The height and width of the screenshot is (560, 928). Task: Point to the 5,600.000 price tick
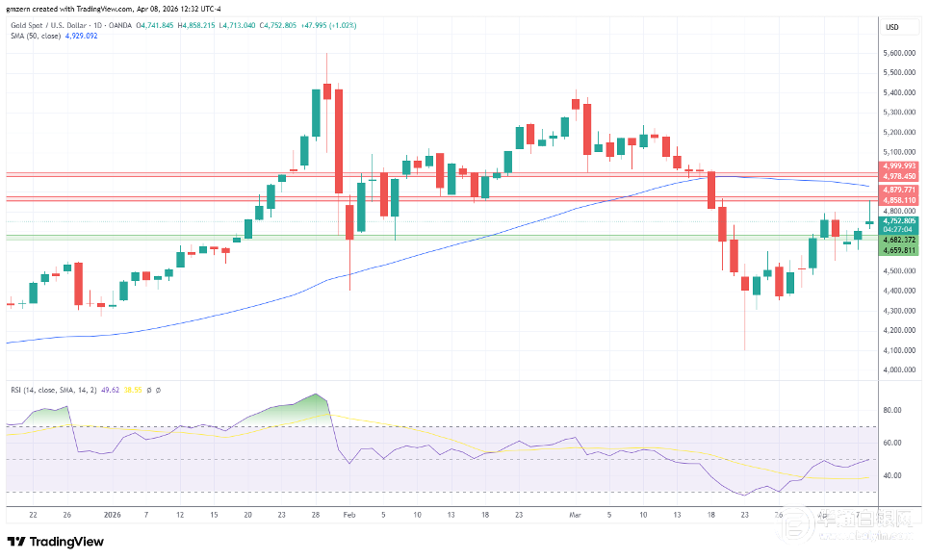[898, 53]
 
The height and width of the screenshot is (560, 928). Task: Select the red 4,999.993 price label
[898, 166]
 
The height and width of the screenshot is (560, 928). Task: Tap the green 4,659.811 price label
[898, 250]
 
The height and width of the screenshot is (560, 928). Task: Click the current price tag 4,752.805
[898, 220]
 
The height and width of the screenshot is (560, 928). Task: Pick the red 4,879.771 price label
[898, 191]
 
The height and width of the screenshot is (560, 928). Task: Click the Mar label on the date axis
[576, 515]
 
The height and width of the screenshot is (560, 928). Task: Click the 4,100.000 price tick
[898, 349]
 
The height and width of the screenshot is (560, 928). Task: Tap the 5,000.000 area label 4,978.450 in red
[898, 176]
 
